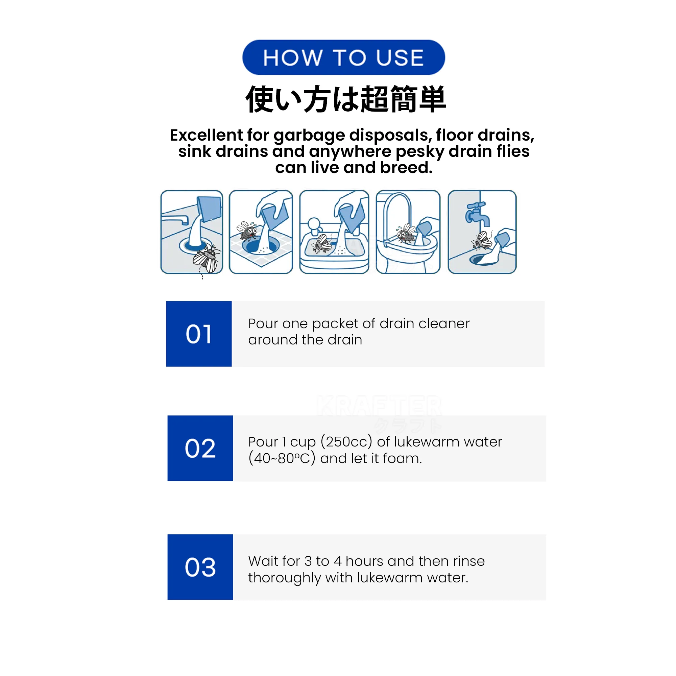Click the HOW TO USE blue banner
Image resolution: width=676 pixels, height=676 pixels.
tap(343, 57)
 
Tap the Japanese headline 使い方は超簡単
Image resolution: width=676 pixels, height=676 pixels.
tap(346, 99)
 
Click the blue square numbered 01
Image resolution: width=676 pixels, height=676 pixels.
tap(199, 334)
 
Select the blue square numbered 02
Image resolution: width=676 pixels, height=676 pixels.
tap(200, 448)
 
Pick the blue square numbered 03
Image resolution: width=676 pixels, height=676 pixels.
tap(200, 567)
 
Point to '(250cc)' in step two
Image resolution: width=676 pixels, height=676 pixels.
tap(346, 442)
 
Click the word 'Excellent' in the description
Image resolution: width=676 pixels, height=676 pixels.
tap(207, 135)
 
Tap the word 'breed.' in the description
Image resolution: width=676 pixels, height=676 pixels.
tap(406, 168)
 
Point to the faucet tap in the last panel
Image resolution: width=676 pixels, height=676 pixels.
tap(477, 214)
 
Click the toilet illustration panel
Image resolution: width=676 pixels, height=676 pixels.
tap(408, 232)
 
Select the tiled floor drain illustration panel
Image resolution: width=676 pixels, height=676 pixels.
tap(261, 232)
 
